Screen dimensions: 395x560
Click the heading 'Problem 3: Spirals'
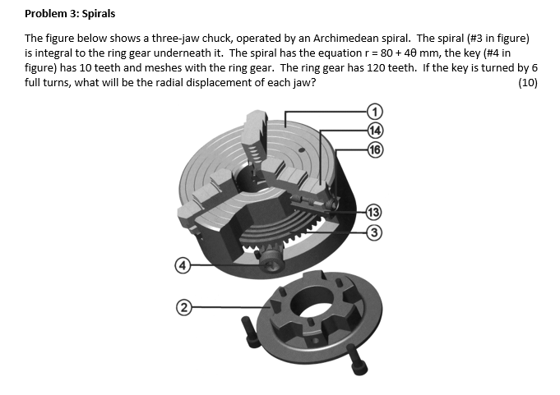tap(70, 14)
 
